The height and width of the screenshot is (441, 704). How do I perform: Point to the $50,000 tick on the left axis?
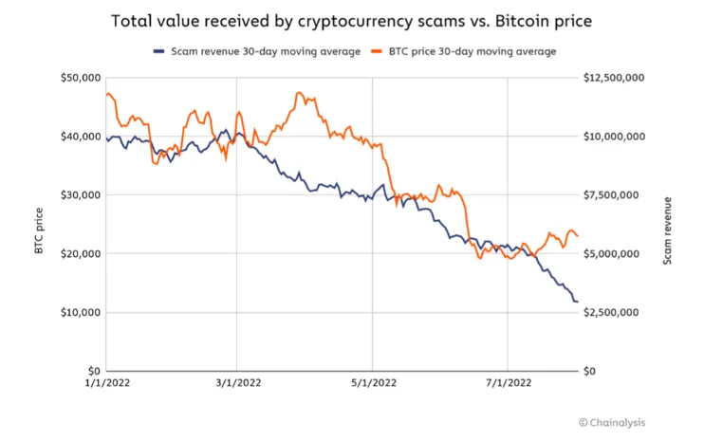point(78,78)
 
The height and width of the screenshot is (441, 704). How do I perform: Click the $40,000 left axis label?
point(78,137)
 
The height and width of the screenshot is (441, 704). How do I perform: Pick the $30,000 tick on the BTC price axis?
point(78,195)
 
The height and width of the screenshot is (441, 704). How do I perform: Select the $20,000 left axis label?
point(78,254)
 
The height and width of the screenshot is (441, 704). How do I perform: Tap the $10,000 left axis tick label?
point(78,313)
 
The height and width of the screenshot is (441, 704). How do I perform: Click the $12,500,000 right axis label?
point(618,78)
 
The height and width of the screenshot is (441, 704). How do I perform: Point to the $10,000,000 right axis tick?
point(618,137)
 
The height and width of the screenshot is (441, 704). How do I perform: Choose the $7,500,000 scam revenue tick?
point(615,195)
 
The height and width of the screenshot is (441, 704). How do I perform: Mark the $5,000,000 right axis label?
point(615,254)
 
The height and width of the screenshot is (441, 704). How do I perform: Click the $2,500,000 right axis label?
point(615,313)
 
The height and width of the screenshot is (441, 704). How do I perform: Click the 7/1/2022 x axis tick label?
point(508,383)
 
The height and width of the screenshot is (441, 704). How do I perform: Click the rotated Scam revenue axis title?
point(667,230)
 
